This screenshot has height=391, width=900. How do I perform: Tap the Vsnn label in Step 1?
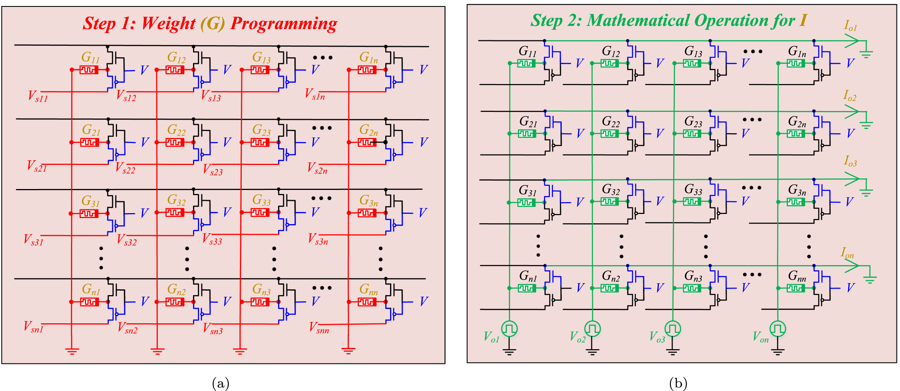click(319, 328)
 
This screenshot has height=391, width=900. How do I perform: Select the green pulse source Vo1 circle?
click(509, 328)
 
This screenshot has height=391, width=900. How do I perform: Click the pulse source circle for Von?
click(778, 328)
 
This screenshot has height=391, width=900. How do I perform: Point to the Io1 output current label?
click(850, 26)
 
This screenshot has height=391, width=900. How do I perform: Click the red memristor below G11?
click(89, 70)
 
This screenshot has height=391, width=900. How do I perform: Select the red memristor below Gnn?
click(367, 302)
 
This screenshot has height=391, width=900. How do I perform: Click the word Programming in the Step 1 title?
click(283, 24)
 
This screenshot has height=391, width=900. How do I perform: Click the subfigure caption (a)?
click(221, 383)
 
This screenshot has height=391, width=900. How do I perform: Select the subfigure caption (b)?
click(678, 383)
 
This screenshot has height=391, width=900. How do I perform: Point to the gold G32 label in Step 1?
click(176, 200)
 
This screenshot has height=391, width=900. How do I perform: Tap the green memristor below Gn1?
click(527, 288)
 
